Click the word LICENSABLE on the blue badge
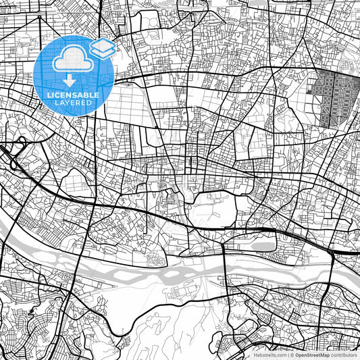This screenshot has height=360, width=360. click(73, 95)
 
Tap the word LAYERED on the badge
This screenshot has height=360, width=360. click(73, 103)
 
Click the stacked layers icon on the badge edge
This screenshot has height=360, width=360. click(102, 48)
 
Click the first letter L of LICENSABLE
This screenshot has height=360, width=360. click(48, 95)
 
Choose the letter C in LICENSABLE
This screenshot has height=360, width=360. click(56, 95)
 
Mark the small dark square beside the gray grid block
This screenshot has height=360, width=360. click(311, 91)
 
